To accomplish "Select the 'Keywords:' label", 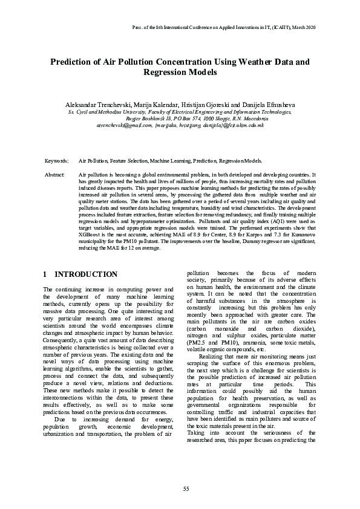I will tap(56, 161).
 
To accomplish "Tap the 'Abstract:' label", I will tap(55, 174).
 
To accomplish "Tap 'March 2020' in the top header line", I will tap(301, 28).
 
